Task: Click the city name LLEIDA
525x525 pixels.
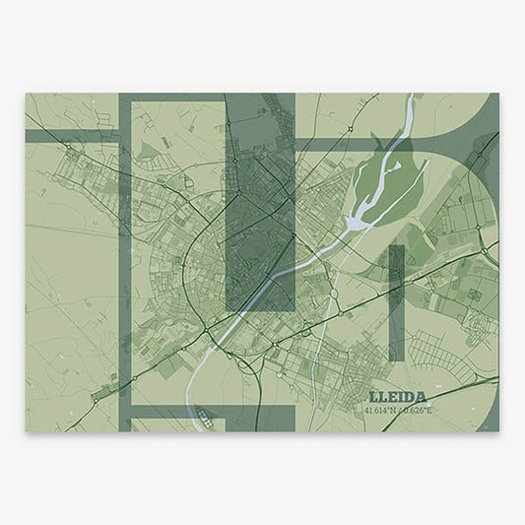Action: [x=404, y=397]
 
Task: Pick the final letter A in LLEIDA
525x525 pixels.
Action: [x=435, y=397]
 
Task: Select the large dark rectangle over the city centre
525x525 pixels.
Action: [x=260, y=202]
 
